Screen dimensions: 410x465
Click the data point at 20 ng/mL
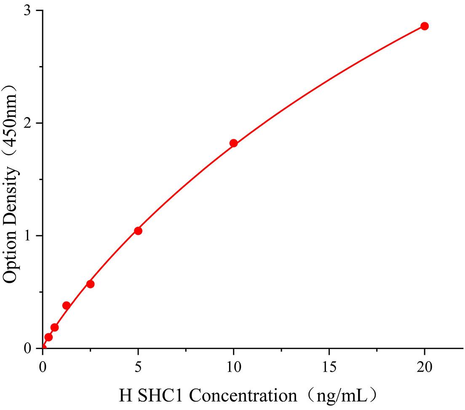tap(425, 26)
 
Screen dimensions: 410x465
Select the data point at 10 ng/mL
tap(233, 143)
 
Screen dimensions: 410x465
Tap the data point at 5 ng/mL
tap(138, 231)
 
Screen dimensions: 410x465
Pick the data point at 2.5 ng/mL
tap(90, 284)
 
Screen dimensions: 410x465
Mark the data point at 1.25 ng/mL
tap(66, 305)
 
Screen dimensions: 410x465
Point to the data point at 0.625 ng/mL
tap(54, 327)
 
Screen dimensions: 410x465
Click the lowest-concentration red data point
tap(48, 337)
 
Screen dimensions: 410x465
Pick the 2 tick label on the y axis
tap(27, 123)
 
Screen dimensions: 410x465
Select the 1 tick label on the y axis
tap(27, 236)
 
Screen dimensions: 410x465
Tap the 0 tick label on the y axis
tap(27, 348)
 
